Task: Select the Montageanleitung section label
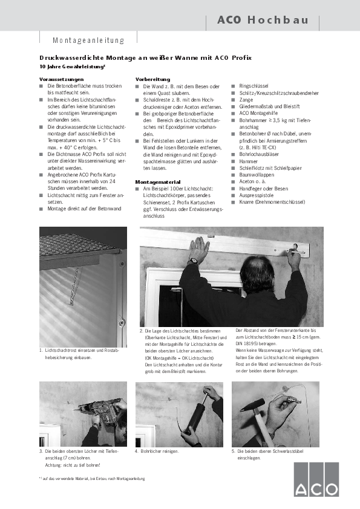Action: pos(88,41)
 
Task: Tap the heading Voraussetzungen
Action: pos(57,80)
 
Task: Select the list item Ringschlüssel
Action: pos(254,86)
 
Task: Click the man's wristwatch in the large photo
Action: pos(193,261)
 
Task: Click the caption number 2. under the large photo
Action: pos(141,331)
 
